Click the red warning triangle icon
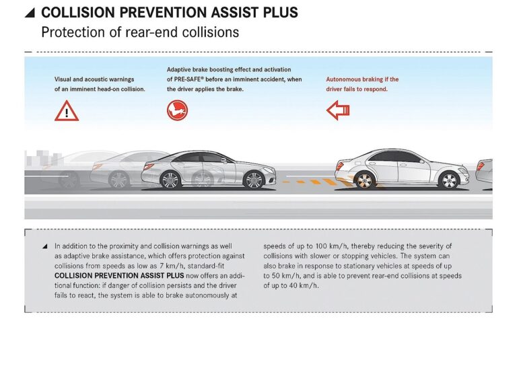coord(67,110)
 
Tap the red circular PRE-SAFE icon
coord(177,110)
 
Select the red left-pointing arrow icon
coord(337,110)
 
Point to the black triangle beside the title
coord(29,13)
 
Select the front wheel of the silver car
coord(253,180)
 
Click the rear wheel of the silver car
coord(170,180)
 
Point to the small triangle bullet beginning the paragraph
coord(44,246)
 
